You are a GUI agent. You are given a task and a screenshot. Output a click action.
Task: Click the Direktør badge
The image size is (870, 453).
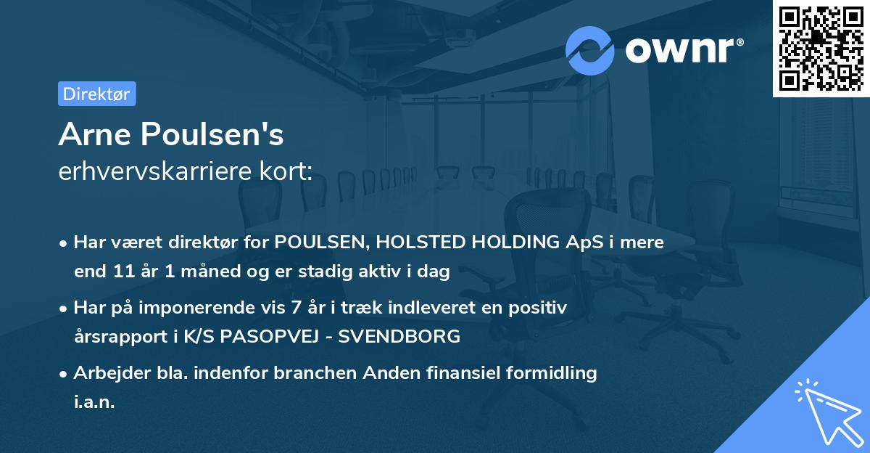(x=96, y=94)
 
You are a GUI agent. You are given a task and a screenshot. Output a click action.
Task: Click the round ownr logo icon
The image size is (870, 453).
(x=590, y=51)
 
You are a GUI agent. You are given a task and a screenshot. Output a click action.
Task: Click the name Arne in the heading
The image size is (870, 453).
(x=97, y=134)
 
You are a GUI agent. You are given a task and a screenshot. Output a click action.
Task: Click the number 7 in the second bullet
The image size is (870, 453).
(x=295, y=308)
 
